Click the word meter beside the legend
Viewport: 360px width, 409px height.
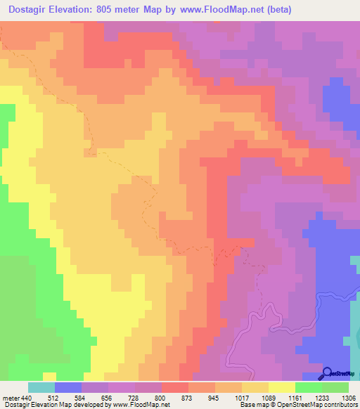tap(11, 397)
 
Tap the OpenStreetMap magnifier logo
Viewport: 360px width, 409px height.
tap(327, 373)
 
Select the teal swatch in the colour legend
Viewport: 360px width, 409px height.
tap(41, 387)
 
